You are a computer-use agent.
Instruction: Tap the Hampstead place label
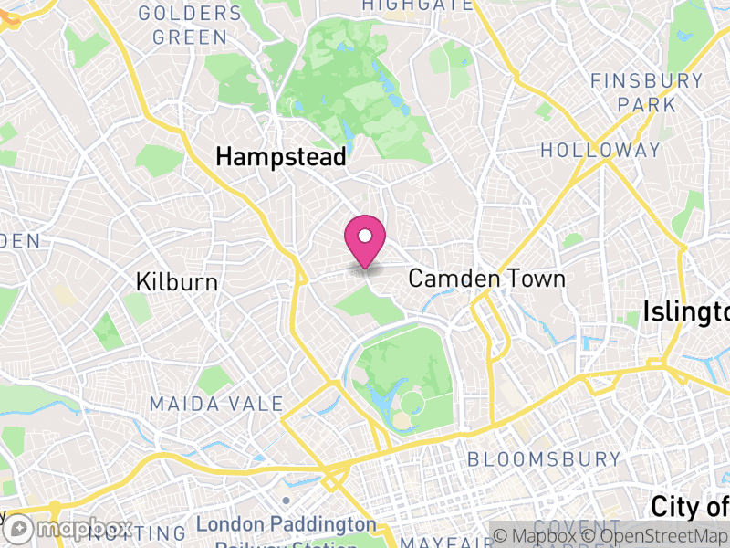pyautogui.click(x=280, y=157)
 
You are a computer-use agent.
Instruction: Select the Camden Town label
pyautogui.click(x=486, y=279)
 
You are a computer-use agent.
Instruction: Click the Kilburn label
pyautogui.click(x=177, y=282)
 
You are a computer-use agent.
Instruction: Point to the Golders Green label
pyautogui.click(x=190, y=26)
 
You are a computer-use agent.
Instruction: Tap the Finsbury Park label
pyautogui.click(x=647, y=92)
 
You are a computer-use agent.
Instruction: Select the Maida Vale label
pyautogui.click(x=216, y=404)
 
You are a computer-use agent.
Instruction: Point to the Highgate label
pyautogui.click(x=417, y=5)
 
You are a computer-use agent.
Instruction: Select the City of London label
pyautogui.click(x=690, y=506)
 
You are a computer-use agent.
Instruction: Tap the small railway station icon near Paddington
pyautogui.click(x=286, y=501)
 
